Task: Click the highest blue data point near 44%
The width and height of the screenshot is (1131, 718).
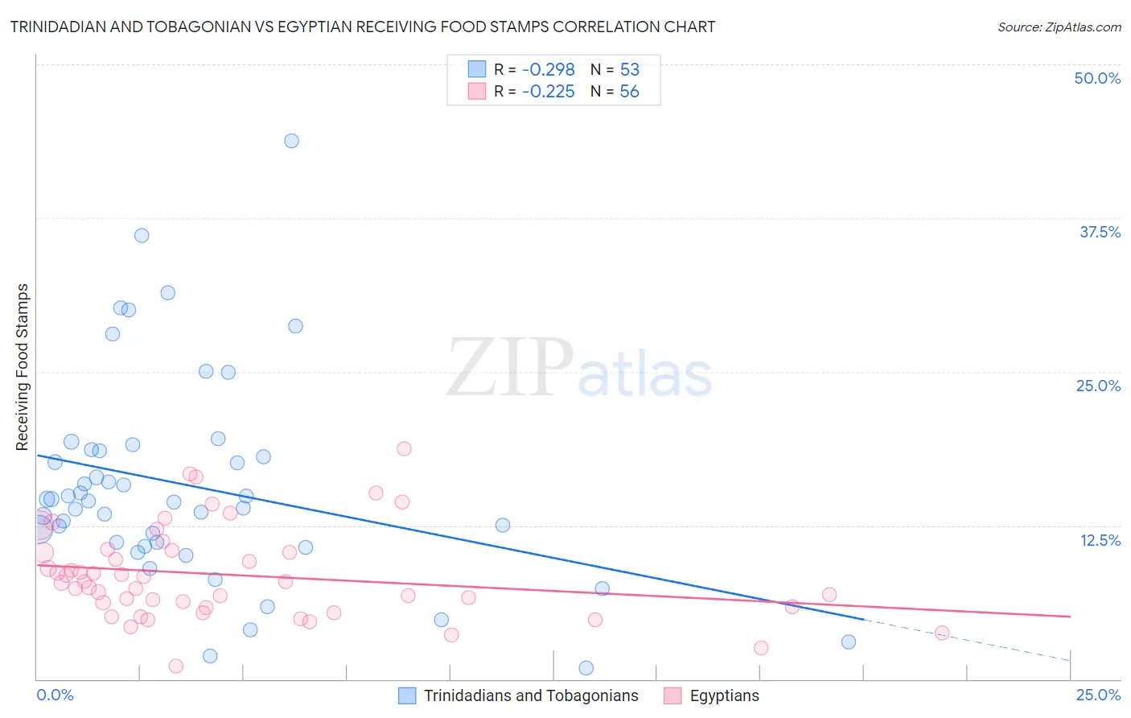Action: (291, 141)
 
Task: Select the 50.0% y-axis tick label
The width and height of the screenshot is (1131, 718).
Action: (1097, 78)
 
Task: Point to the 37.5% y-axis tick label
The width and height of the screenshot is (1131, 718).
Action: (1100, 232)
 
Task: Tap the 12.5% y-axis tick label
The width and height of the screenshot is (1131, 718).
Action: (1100, 540)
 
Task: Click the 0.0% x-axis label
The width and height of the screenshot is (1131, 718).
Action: (55, 695)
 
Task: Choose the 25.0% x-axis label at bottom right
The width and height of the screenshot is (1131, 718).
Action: (1098, 695)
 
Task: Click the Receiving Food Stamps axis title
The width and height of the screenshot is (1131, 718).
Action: (23, 367)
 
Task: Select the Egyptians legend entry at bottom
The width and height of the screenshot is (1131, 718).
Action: (724, 695)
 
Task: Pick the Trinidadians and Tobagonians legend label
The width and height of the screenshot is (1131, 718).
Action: (531, 695)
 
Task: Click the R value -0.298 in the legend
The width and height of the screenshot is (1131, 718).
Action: (548, 70)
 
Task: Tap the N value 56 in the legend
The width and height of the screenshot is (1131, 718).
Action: (629, 92)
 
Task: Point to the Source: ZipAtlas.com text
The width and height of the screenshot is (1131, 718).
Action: (1059, 27)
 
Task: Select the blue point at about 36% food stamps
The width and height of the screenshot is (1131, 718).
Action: (142, 235)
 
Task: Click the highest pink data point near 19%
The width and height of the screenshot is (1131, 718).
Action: (404, 448)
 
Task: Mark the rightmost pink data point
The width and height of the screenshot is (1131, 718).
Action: (942, 633)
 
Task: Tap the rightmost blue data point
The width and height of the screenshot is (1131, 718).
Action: (849, 642)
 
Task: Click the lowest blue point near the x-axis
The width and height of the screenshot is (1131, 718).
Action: (586, 668)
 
